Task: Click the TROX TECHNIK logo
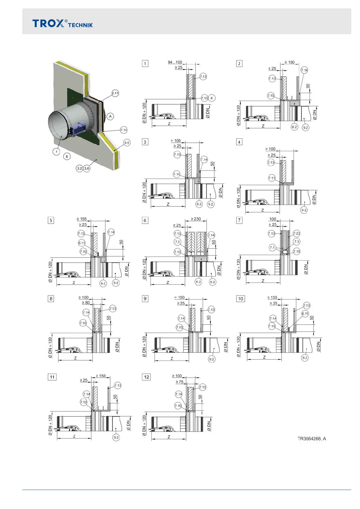tap(63, 23)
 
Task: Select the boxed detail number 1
tap(145, 63)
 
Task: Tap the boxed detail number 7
tap(239, 220)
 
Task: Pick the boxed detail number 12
tap(146, 377)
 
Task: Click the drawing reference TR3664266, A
tap(312, 439)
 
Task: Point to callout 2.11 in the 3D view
tap(115, 93)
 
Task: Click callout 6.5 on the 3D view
tap(127, 143)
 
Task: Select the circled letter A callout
tap(110, 116)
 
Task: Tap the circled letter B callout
tap(67, 156)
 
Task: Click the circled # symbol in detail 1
tap(212, 98)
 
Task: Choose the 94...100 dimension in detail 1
tap(175, 62)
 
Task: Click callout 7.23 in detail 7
tap(297, 233)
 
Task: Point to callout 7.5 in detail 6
tap(177, 242)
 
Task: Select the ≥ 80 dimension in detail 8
tap(86, 303)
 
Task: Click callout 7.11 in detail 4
tap(272, 178)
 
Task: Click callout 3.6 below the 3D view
tap(87, 168)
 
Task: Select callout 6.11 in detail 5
tap(82, 243)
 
